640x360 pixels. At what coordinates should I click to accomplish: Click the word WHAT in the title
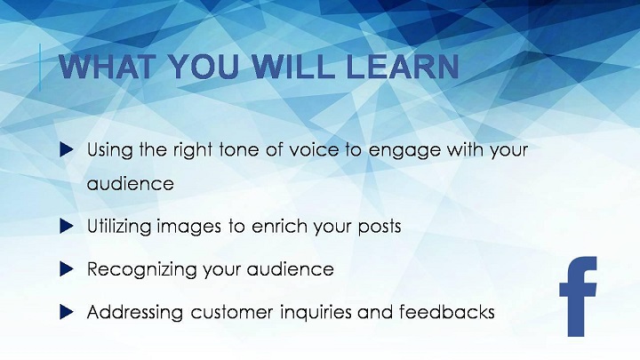coord(108,66)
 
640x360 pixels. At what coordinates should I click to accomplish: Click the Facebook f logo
coord(578,297)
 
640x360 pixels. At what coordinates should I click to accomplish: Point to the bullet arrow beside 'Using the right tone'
coord(66,150)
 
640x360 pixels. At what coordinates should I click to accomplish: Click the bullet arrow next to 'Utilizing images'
coord(66,226)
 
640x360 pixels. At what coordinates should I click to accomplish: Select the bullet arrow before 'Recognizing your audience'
coord(66,269)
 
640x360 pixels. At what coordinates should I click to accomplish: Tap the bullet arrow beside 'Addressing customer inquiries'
coord(66,312)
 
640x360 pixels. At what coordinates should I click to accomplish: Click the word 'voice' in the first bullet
coord(315,150)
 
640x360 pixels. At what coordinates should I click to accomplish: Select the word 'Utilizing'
coord(119,227)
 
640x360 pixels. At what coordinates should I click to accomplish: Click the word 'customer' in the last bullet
coord(232,313)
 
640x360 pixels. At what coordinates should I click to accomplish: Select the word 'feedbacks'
coord(447,312)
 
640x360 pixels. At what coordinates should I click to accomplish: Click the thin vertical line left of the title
coord(40,68)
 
